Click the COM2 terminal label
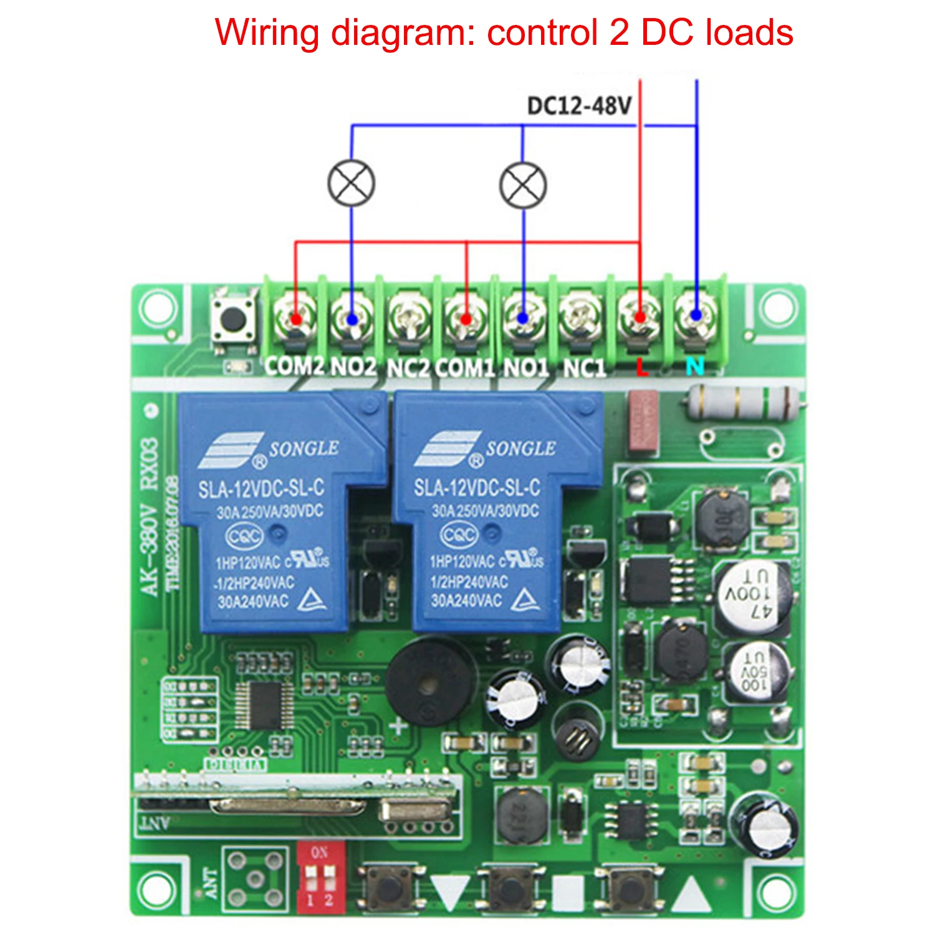pos(294,367)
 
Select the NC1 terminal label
pos(584,368)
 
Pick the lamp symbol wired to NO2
pos(352,183)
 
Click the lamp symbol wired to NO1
pos(523,185)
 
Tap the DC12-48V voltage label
pos(579,106)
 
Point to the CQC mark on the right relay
pos(459,535)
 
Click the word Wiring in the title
pos(267,32)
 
